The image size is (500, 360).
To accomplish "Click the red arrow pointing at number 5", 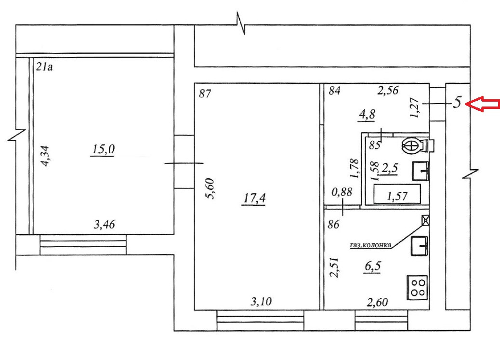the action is (x=484, y=104).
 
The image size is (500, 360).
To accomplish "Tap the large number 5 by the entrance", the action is (x=458, y=102).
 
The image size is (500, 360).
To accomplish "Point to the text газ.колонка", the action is (x=370, y=245).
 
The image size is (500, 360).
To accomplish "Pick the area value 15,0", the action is (x=103, y=150).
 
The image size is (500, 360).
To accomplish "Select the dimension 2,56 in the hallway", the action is (x=387, y=90).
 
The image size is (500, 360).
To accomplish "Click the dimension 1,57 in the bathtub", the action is (x=397, y=196).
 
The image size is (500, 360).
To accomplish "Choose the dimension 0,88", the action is (x=342, y=192).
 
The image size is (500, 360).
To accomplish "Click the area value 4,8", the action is (x=367, y=115).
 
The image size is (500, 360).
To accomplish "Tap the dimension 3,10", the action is (x=262, y=302).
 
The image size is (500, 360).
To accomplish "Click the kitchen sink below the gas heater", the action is (x=420, y=246).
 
